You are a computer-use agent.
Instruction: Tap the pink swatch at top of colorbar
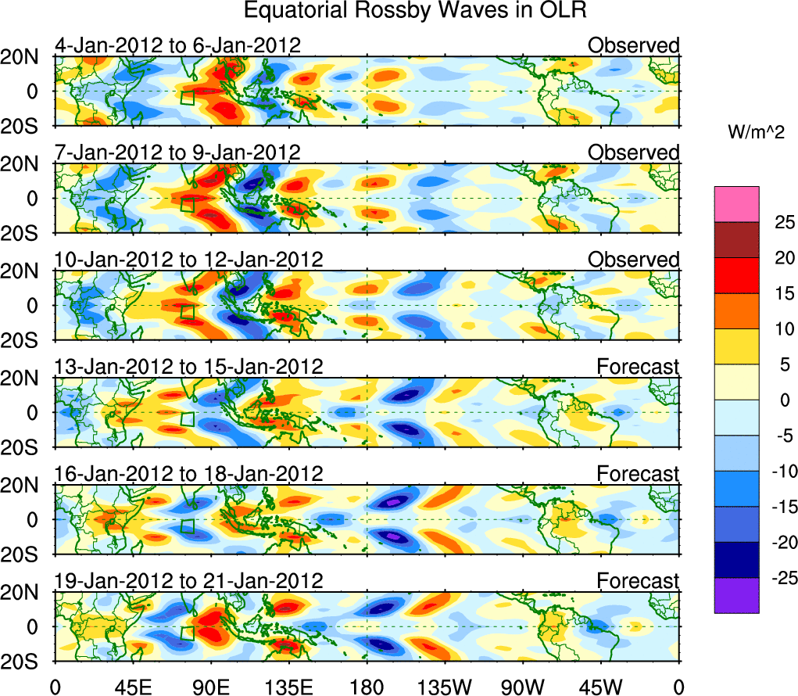click(x=736, y=204)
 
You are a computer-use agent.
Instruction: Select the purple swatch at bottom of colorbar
click(x=736, y=595)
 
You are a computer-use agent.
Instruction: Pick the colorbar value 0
click(x=783, y=400)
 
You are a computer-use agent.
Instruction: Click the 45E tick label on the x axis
click(x=131, y=686)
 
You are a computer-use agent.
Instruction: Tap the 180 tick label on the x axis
click(x=366, y=686)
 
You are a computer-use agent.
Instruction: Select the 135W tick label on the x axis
click(x=444, y=686)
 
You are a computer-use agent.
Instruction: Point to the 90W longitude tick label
click(x=522, y=686)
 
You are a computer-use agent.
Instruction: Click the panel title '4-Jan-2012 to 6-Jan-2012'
click(x=177, y=45)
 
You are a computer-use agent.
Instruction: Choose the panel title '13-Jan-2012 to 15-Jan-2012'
click(x=188, y=367)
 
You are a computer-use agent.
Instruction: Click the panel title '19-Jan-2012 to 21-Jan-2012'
click(x=188, y=581)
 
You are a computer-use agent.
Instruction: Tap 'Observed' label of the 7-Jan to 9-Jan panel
click(x=634, y=152)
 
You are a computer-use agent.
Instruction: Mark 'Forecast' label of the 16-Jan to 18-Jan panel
click(x=639, y=474)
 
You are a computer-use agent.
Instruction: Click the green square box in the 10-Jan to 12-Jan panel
click(x=188, y=312)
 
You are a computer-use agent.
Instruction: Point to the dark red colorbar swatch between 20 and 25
click(x=736, y=240)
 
